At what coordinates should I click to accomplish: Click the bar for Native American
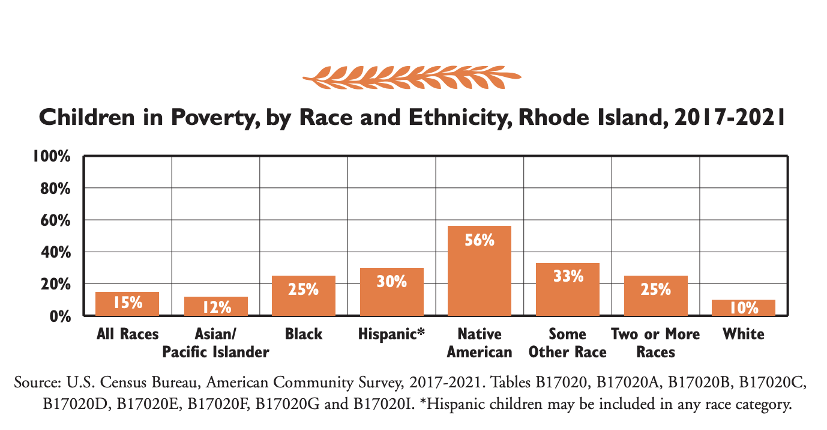(480, 271)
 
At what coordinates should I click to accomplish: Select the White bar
(743, 307)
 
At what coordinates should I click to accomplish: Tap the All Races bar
(127, 304)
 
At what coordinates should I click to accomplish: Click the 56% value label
(480, 240)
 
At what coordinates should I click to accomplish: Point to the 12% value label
(215, 307)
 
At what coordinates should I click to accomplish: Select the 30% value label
(391, 280)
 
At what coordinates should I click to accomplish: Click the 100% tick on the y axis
(52, 157)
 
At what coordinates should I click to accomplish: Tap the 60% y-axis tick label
(55, 220)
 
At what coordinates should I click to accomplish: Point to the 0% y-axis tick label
(59, 316)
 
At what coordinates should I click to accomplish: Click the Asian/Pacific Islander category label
(215, 342)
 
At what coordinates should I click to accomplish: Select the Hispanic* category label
(391, 334)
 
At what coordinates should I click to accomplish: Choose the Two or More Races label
(655, 342)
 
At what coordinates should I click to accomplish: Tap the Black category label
(304, 334)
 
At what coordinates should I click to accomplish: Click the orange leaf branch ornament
(412, 77)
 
